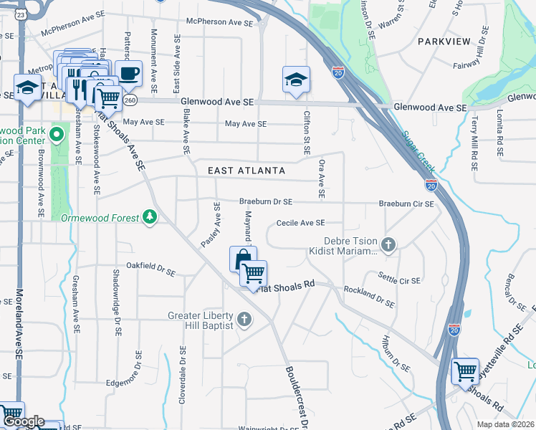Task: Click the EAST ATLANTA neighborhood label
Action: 247,171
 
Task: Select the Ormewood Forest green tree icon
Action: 149,216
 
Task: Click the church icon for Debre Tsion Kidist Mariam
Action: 388,246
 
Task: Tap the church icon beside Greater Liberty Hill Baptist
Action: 244,319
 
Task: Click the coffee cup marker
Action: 128,73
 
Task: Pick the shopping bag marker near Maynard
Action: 243,259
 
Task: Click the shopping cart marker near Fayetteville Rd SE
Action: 466,371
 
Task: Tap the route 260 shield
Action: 130,101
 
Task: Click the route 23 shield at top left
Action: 21,14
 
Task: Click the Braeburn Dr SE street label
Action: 266,203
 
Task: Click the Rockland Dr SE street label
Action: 369,297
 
